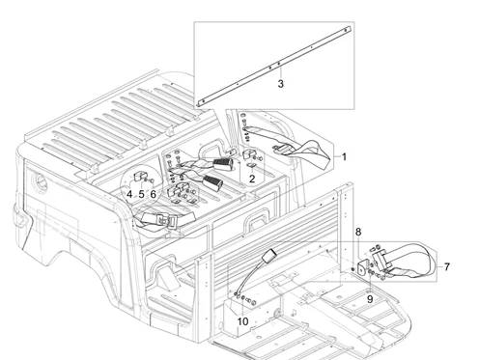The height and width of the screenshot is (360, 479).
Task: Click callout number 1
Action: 344,157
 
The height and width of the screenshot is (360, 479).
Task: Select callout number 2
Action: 252,179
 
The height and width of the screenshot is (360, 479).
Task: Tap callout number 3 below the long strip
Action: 281,84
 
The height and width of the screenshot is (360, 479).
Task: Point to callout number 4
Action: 129,194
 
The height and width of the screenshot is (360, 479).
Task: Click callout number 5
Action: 141,194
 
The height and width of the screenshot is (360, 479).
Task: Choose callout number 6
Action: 154,194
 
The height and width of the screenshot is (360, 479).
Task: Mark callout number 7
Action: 447,267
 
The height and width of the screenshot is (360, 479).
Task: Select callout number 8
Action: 358,232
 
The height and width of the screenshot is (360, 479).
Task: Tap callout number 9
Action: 370,299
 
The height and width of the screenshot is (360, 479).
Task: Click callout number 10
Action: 242,321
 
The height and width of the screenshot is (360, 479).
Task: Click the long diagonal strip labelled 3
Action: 274,66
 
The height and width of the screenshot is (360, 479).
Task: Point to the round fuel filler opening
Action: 41,182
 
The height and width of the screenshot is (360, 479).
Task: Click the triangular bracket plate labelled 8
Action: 363,267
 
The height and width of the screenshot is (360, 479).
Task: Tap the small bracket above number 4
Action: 139,177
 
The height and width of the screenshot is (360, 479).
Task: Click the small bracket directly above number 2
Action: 248,154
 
